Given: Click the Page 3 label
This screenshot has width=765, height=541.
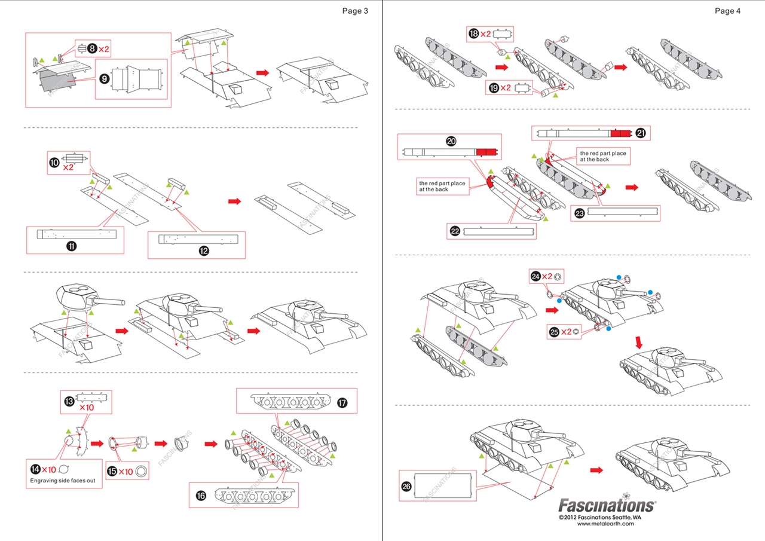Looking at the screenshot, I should (x=355, y=11).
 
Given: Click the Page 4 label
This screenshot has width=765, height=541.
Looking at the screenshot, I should (x=727, y=11).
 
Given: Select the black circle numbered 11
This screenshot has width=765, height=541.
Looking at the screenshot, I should (x=72, y=246).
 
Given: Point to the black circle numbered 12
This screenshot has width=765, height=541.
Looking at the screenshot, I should (x=204, y=251).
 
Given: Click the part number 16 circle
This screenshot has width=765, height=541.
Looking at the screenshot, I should (x=201, y=496).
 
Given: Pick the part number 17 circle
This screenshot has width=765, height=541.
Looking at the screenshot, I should (x=342, y=403).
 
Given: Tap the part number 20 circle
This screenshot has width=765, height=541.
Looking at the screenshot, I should (x=451, y=141).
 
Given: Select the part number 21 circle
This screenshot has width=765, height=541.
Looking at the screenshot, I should (x=641, y=133).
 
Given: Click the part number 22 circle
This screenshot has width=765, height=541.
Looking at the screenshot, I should (x=455, y=231).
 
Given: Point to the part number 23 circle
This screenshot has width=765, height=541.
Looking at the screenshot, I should (x=579, y=213).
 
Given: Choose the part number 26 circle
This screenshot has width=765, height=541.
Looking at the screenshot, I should (x=406, y=487).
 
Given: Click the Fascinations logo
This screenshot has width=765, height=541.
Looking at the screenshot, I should (x=607, y=506).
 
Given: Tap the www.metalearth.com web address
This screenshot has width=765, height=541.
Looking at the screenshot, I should (x=606, y=524).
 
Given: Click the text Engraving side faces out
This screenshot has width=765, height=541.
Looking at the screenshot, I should (x=63, y=480).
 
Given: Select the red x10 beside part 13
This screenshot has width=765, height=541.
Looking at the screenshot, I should (x=87, y=407).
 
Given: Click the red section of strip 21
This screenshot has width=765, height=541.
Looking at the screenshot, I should (x=621, y=133).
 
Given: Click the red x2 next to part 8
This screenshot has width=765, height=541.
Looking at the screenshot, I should (x=104, y=48).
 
